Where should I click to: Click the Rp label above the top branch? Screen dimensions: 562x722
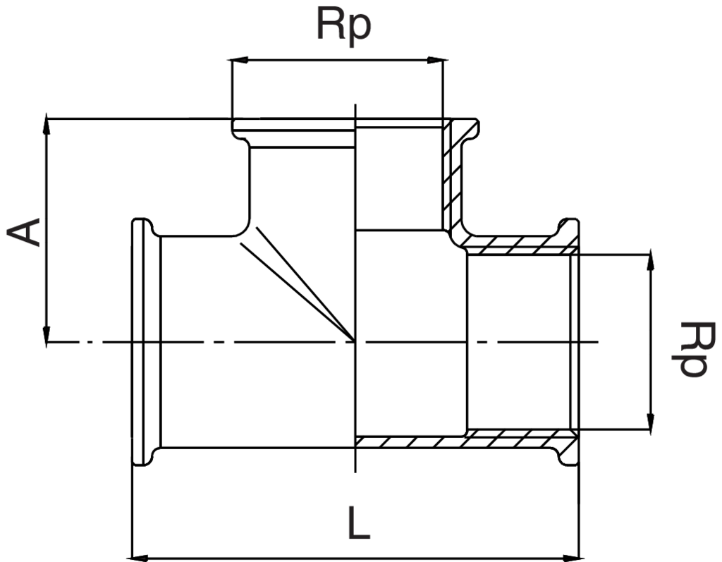point(343,27)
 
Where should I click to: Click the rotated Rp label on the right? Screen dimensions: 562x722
point(687,349)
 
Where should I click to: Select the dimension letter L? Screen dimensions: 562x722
point(359,524)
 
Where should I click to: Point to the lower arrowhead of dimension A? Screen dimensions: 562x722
point(47,336)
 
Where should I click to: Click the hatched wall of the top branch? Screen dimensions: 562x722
point(451,176)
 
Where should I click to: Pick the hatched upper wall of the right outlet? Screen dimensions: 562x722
point(515,245)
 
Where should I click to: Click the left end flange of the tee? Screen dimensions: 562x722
point(145,342)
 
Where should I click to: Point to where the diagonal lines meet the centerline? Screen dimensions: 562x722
point(355,341)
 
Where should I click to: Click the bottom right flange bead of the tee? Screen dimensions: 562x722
point(569,455)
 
